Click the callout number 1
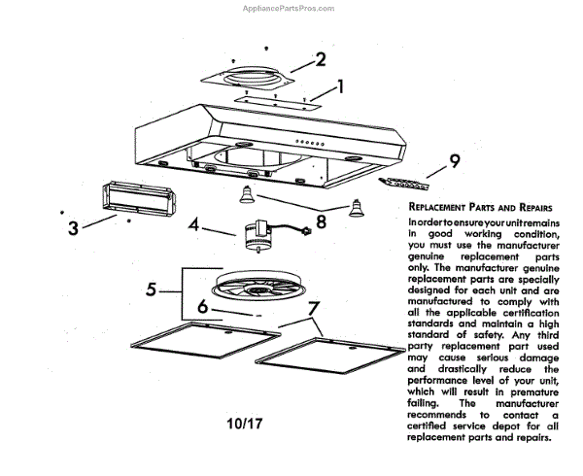point(340,88)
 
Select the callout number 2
point(320,59)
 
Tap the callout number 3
point(73,229)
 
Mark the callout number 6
point(202,307)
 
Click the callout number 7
point(312,311)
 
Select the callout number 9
point(454,160)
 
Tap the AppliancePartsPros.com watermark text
point(288,8)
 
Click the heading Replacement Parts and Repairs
point(481,208)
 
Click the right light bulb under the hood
point(355,207)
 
